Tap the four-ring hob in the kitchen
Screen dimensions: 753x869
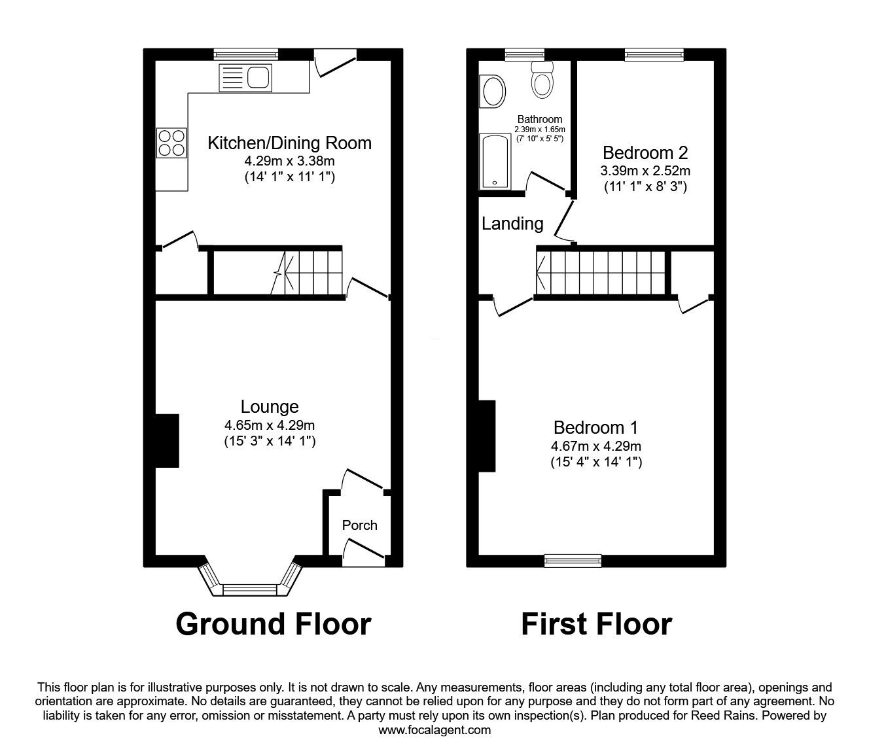pos(171,143)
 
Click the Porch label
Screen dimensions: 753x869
pos(359,525)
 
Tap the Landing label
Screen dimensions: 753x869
pos(512,224)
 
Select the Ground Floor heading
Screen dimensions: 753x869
pos(273,624)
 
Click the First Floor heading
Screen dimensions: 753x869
pos(596,624)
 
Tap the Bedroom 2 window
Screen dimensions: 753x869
pos(654,55)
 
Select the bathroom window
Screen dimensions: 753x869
pos(525,55)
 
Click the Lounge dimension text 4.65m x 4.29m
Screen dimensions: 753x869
pos(270,425)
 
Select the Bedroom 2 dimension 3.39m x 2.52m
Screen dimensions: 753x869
pos(645,171)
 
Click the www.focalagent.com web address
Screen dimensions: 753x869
pos(434,730)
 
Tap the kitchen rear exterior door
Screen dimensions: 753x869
pos(335,64)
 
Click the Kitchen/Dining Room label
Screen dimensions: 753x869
pos(289,143)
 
